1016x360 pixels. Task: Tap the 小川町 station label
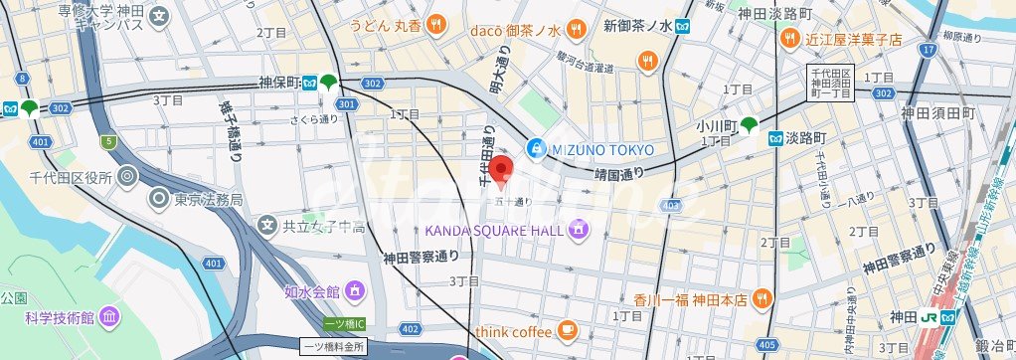[x=715, y=126]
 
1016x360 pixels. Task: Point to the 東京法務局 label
[x=208, y=199]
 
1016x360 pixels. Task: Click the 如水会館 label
[x=311, y=291]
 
